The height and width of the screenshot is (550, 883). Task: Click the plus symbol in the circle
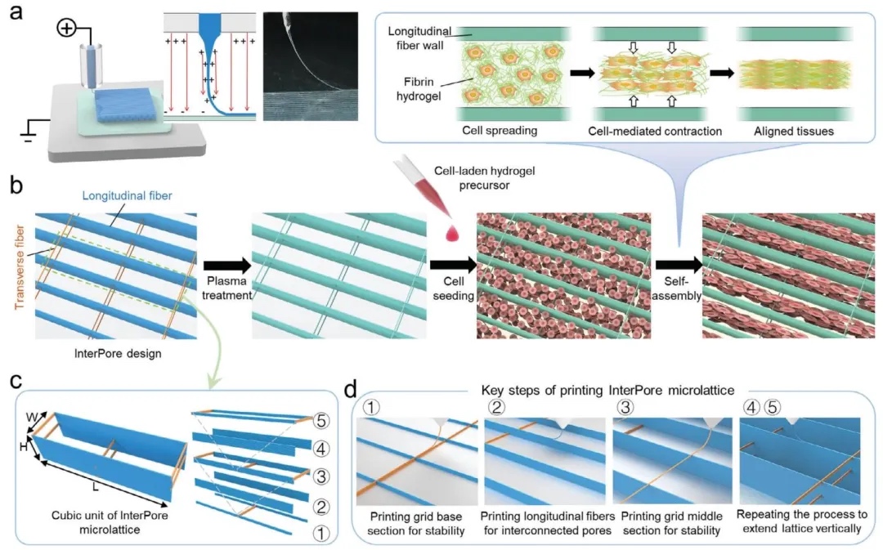coord(67,29)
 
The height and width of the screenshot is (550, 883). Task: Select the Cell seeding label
coord(450,287)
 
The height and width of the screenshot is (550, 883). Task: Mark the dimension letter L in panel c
coord(96,487)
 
